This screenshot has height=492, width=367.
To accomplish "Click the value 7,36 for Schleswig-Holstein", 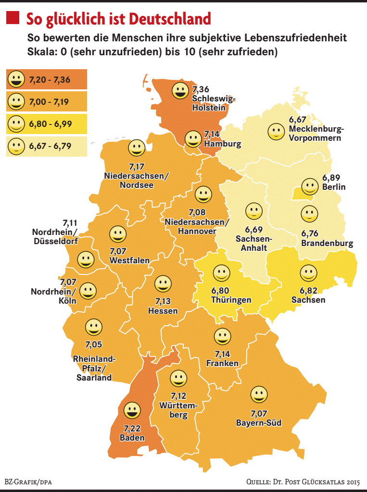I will pyautogui.click(x=201, y=89).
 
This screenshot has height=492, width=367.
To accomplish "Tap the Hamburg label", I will pyautogui.click(x=222, y=144).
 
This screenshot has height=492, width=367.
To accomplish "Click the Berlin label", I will pyautogui.click(x=334, y=187).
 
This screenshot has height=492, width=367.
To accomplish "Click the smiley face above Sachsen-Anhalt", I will pyautogui.click(x=253, y=211).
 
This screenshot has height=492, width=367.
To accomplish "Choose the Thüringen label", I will pyautogui.click(x=231, y=300).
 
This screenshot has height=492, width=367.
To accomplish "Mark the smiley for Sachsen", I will pyautogui.click(x=308, y=273).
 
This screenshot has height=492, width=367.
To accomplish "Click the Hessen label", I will pyautogui.click(x=163, y=311).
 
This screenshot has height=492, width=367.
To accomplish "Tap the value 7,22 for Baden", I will pyautogui.click(x=132, y=428).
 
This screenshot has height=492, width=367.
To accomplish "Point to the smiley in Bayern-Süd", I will pyautogui.click(x=259, y=394).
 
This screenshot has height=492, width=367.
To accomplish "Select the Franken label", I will pyautogui.click(x=222, y=363).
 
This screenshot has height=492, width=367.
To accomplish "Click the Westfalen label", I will pyautogui.click(x=129, y=260).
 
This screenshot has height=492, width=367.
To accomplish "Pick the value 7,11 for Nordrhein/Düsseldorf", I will pyautogui.click(x=70, y=223).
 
